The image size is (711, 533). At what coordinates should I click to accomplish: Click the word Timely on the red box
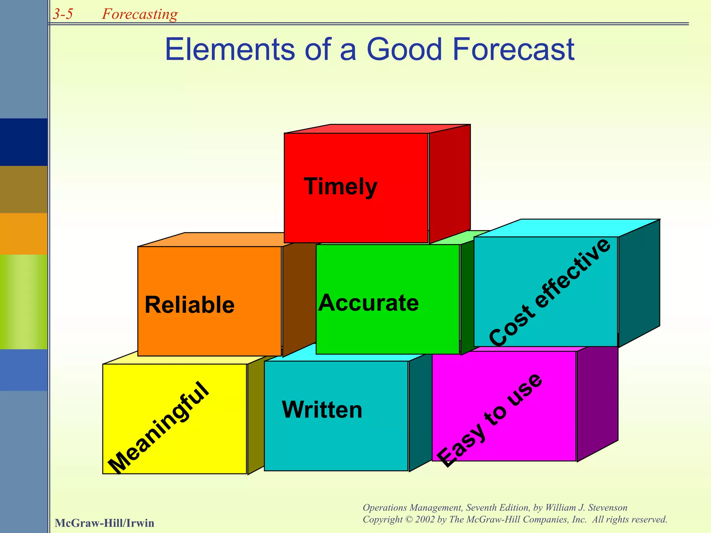point(340,187)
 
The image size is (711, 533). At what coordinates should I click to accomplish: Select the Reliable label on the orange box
point(190,305)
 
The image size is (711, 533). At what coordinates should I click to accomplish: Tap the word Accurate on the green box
point(368,303)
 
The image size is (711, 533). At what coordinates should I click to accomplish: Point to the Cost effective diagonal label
point(550,292)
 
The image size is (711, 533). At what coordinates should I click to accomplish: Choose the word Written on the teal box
point(322,410)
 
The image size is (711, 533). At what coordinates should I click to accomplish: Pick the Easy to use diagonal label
point(490,420)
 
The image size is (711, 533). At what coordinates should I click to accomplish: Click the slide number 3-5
point(63,14)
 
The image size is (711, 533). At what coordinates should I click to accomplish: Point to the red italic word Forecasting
point(140,14)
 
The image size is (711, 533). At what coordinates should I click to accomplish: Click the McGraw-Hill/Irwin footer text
point(104,523)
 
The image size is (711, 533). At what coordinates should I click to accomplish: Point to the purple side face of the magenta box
point(597,403)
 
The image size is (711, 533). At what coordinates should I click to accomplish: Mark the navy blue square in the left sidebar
point(24,142)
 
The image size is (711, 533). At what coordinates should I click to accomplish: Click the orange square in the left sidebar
point(24,234)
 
